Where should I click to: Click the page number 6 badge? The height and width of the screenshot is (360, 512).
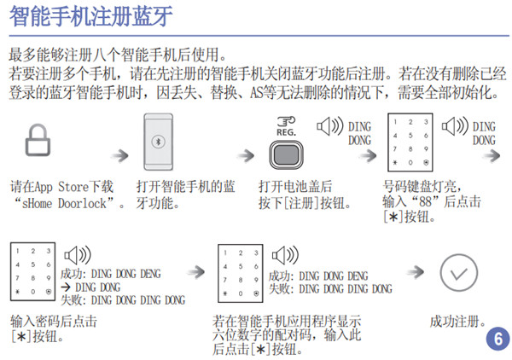(496, 339)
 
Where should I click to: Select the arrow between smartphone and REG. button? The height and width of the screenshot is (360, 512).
(245, 155)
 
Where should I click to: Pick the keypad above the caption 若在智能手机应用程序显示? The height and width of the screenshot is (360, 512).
(240, 273)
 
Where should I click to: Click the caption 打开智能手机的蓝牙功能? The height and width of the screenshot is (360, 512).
(185, 195)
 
